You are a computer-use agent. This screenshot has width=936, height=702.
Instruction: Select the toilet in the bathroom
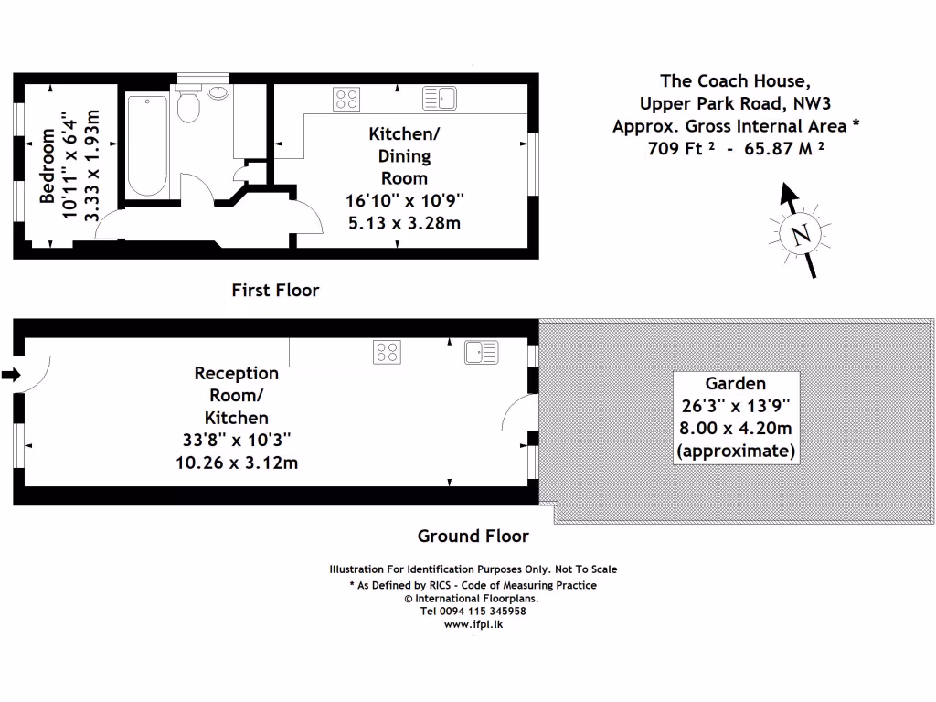[188, 106]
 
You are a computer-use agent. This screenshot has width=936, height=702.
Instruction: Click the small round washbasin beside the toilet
[218, 91]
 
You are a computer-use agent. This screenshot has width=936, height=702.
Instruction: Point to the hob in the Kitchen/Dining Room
[346, 98]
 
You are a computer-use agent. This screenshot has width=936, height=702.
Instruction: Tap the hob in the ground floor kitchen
[387, 352]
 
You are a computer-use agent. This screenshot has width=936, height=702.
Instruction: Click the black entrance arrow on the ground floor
[11, 375]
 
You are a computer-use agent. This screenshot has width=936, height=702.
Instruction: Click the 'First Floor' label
[275, 291]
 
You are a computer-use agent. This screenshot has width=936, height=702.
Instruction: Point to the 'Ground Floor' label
[473, 536]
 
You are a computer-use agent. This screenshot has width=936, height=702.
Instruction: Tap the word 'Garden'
[735, 384]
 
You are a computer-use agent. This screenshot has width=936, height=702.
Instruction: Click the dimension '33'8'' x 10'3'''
[237, 441]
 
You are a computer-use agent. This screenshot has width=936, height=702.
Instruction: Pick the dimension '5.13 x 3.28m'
[403, 222]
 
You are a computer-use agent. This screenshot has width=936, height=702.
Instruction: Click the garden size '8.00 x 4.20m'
[735, 429]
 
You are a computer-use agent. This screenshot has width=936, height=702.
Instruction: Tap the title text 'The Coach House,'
[735, 81]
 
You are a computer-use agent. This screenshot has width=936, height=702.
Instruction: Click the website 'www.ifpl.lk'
[473, 624]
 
